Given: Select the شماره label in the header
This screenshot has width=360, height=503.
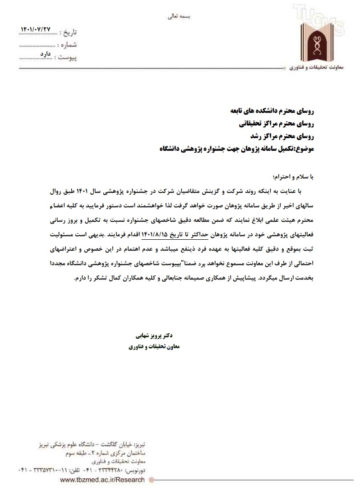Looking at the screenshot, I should (68, 45).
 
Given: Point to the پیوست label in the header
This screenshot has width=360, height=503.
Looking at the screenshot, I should (68, 57).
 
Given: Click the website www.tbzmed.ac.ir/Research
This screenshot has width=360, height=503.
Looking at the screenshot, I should (102, 480).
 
